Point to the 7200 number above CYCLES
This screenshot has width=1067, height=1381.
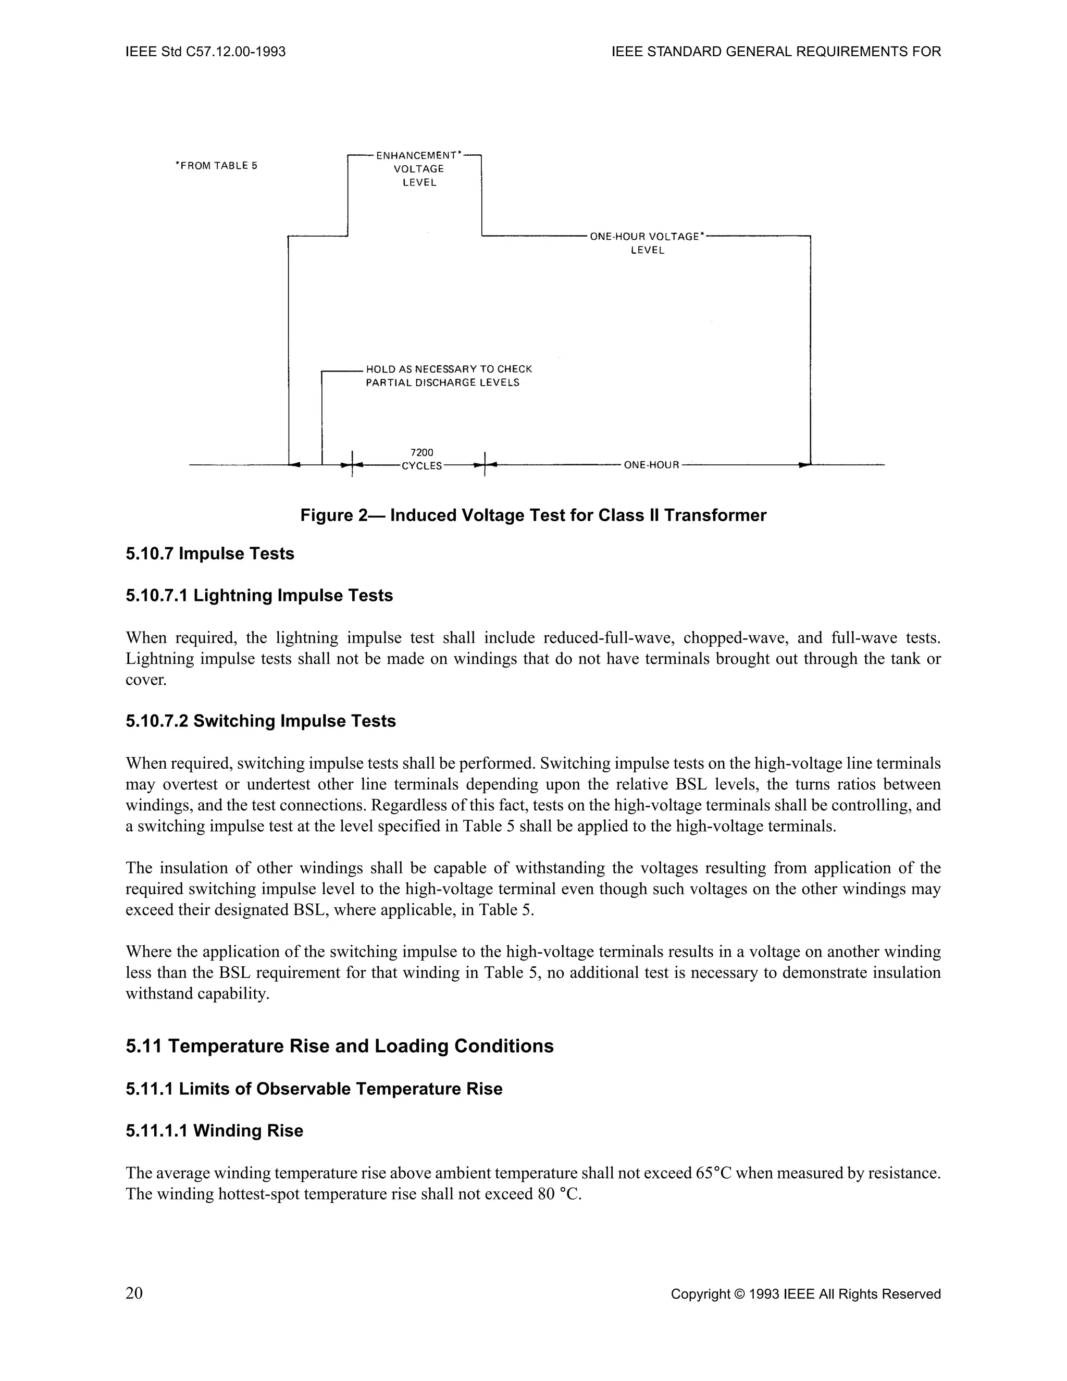422,452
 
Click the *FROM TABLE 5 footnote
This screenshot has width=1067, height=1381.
217,166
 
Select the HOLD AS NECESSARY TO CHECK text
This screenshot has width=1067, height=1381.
449,368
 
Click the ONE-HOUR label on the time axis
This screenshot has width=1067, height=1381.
651,465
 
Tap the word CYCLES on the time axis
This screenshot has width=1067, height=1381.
422,466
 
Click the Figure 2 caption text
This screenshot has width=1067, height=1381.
533,515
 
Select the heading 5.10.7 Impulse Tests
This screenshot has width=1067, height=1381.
210,554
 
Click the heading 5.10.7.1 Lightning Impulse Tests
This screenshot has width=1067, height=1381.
259,596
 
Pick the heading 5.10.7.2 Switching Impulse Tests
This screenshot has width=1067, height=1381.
260,721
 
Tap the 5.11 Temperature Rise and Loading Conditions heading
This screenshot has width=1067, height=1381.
340,1046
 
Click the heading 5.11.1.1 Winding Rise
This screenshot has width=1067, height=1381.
214,1131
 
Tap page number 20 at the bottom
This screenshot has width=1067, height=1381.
134,1293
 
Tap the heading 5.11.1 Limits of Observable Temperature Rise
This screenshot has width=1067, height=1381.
314,1089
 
